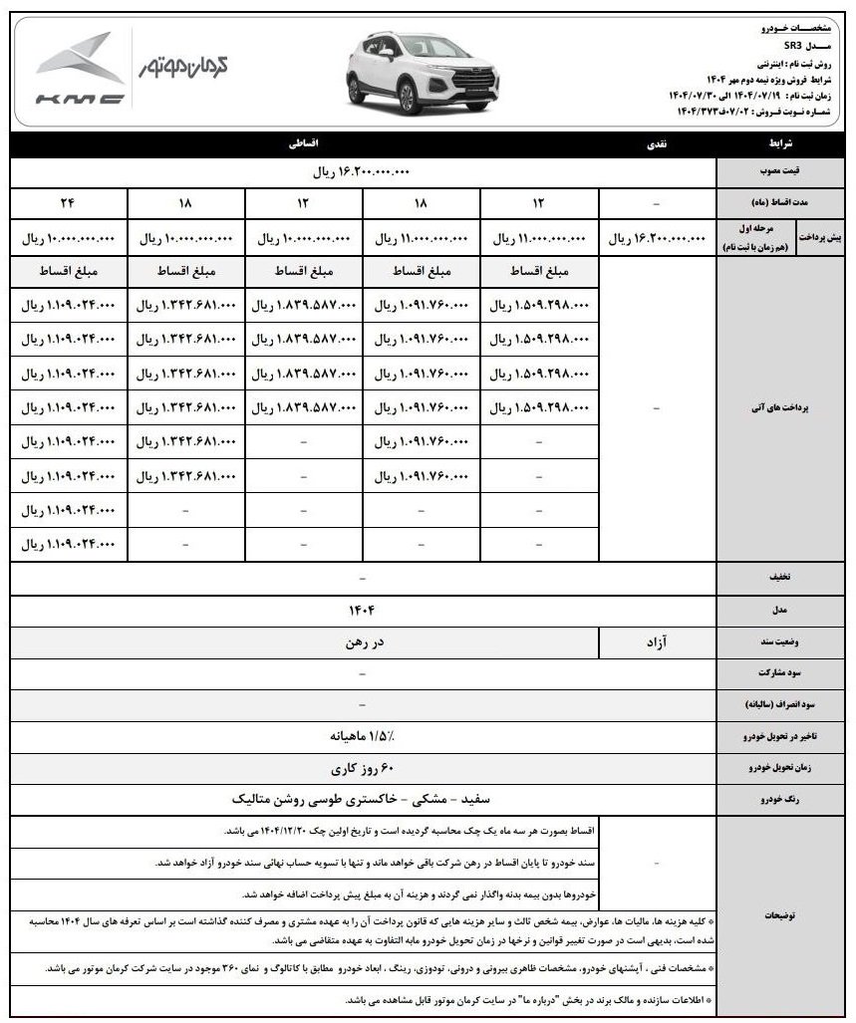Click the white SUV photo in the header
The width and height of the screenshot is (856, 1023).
392,72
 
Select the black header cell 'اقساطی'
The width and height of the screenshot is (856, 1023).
302,144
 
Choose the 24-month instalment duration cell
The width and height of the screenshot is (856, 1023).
68,203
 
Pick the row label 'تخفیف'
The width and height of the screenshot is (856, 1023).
780,577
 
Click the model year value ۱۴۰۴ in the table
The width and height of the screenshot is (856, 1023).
361,608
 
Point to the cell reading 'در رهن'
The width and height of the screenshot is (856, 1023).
361,642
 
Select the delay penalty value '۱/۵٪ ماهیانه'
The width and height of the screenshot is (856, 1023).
361,737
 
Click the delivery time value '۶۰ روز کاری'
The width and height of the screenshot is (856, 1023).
361,769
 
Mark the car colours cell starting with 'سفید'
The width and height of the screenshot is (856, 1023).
361,800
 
